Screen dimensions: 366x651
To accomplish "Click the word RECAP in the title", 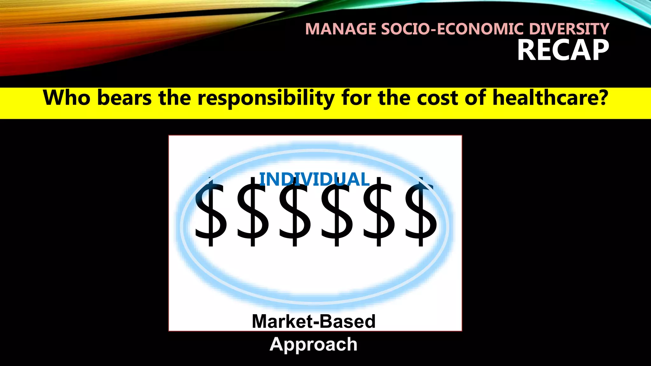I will click(x=563, y=50).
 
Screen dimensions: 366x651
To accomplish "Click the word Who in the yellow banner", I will click(x=67, y=98).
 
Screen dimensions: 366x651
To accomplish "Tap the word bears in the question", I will click(x=124, y=98).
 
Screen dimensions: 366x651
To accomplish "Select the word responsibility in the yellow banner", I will click(x=266, y=98).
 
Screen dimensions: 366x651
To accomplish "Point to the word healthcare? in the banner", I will click(x=550, y=98).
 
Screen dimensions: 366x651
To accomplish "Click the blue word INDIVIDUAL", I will click(x=314, y=180).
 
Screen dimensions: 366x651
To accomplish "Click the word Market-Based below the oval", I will click(x=314, y=321).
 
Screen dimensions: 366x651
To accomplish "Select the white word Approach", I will click(x=314, y=344).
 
